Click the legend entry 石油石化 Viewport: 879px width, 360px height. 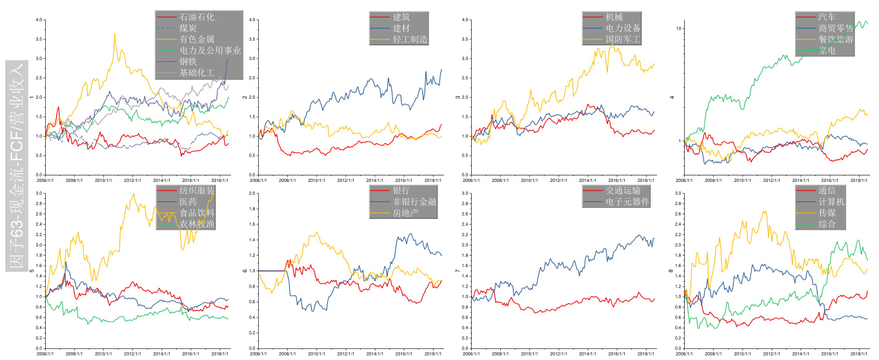[x=194, y=17]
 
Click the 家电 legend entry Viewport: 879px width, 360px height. [x=827, y=51]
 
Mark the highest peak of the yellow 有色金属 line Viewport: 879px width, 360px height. [x=115, y=34]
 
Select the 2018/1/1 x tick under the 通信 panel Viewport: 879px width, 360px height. [x=859, y=353]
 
